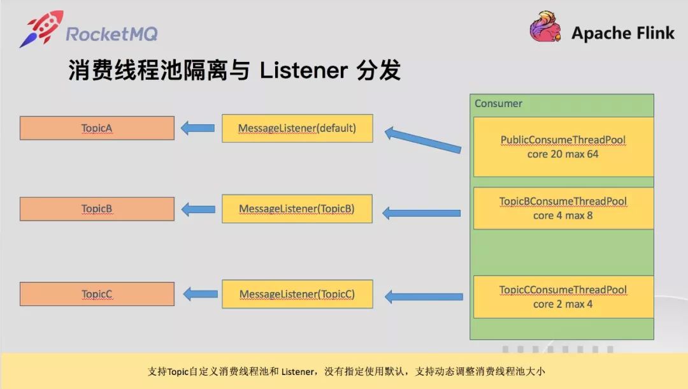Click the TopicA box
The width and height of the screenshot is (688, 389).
pos(97,128)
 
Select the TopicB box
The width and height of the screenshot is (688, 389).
pos(97,209)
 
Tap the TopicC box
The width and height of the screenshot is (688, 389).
pos(97,294)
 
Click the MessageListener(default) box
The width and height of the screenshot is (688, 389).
pos(297,128)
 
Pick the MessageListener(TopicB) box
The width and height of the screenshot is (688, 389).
pos(297,209)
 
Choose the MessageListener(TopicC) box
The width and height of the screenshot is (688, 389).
pos(297,294)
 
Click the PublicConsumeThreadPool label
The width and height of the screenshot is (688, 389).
pos(563,140)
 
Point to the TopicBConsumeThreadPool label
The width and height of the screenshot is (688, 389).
pos(563,202)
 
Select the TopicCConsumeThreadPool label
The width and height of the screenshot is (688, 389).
pos(563,290)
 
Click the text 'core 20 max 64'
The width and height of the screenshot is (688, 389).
pos(563,154)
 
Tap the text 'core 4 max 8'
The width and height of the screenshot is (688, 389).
pos(563,216)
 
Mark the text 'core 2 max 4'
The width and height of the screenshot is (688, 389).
pos(563,304)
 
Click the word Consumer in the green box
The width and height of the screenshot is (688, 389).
pos(498,103)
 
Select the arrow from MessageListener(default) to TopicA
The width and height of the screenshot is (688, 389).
pos(197,128)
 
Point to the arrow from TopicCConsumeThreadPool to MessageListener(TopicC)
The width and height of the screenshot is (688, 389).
pos(424,296)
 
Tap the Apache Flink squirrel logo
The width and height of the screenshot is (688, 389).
pos(545,27)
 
